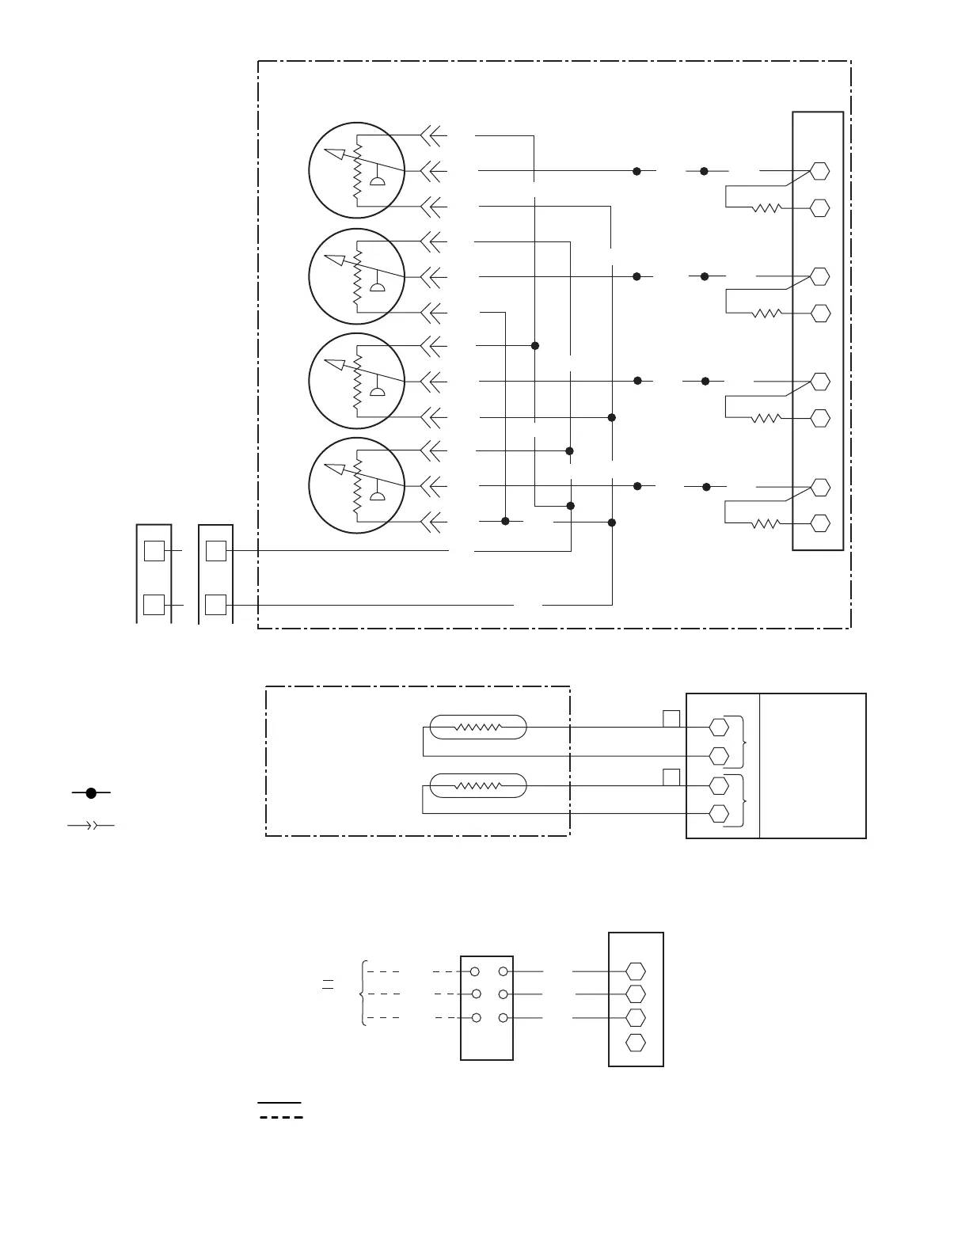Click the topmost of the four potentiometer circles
356,170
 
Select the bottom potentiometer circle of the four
356,485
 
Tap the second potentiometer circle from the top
356,276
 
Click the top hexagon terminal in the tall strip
820,171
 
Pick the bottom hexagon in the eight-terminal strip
820,523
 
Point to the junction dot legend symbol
91,792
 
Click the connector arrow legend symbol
91,826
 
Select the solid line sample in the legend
279,1102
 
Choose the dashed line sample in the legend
281,1118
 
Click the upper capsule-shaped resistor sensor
477,727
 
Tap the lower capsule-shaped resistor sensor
477,785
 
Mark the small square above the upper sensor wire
671,719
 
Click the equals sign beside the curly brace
328,985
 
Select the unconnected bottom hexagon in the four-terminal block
635,1042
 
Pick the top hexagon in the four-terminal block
635,971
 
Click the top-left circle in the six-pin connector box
475,971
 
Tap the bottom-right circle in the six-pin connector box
503,1018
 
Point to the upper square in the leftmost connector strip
154,550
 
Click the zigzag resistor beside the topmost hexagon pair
766,208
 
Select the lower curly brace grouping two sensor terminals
743,800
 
